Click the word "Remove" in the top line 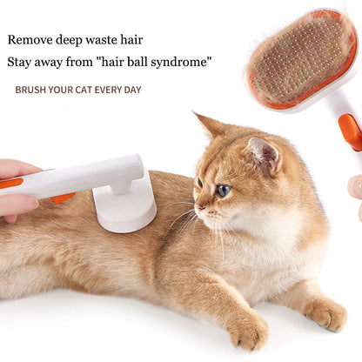click(x=30, y=40)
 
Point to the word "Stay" click(x=21, y=63)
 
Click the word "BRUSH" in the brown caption click(x=31, y=90)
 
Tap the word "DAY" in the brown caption click(x=130, y=90)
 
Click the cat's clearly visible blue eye click(x=224, y=190)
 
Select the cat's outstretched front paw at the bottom click(x=248, y=332)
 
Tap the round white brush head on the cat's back click(x=125, y=210)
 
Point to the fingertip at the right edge click(x=355, y=186)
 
